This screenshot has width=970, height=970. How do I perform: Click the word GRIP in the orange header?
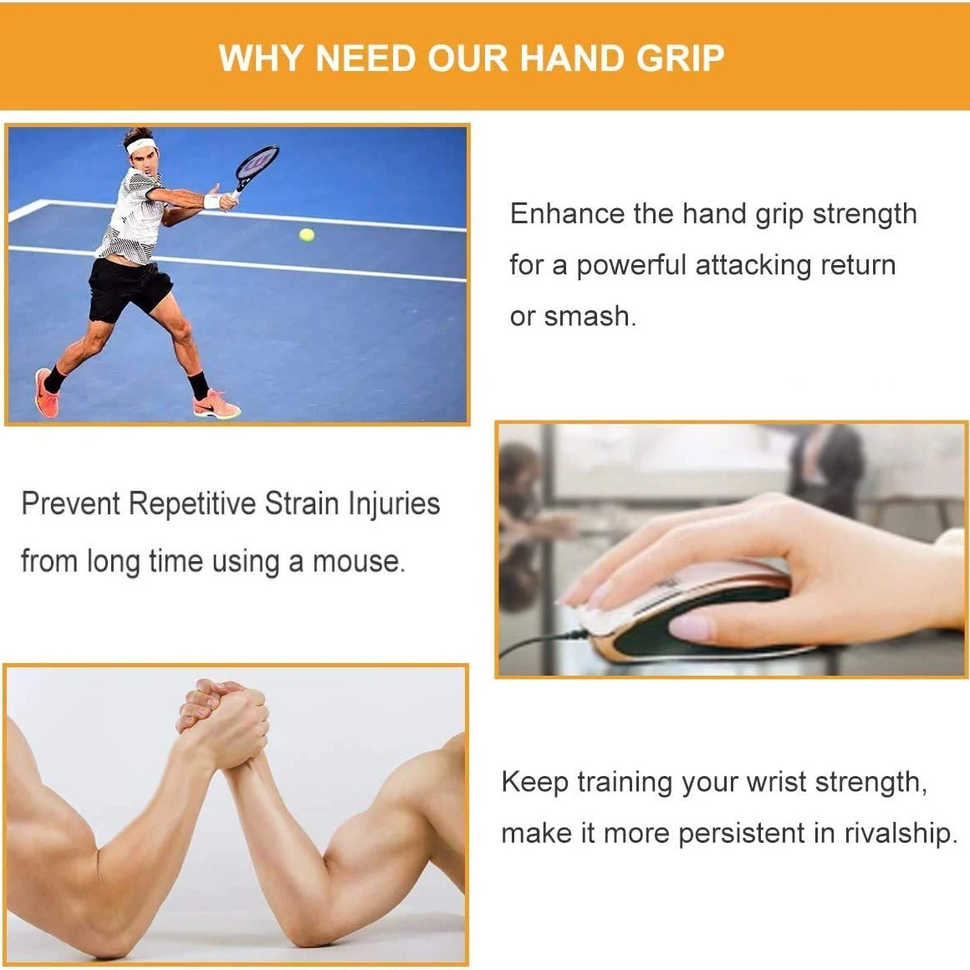(680, 59)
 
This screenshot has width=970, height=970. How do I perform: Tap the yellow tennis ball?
(307, 235)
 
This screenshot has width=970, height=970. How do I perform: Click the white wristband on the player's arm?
(212, 202)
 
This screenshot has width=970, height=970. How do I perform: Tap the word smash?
(588, 316)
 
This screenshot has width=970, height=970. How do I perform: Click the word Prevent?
(71, 504)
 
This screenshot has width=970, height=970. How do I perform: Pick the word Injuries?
(394, 505)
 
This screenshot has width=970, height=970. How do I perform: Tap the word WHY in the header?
(262, 59)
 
